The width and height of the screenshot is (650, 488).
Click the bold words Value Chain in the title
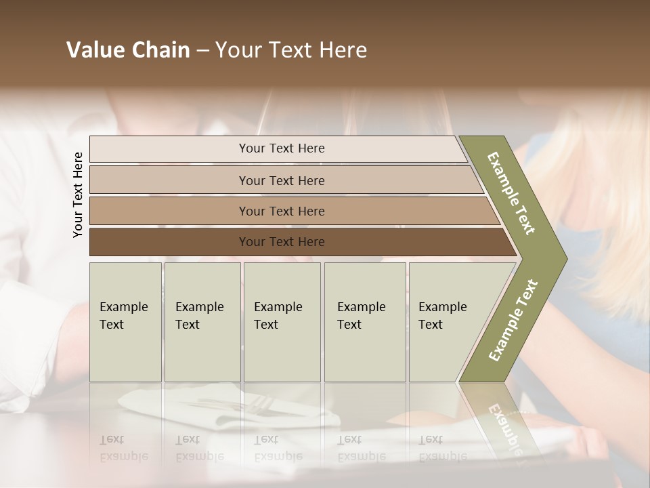[x=128, y=50]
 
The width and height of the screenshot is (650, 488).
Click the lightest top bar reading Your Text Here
[x=281, y=148]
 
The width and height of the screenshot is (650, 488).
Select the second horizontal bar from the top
[x=281, y=180]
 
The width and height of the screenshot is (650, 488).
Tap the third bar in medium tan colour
[x=281, y=211]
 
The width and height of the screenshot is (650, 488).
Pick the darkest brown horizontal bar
[x=281, y=242]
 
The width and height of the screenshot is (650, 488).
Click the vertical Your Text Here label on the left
[x=78, y=195]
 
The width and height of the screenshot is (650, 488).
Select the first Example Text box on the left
[x=125, y=322]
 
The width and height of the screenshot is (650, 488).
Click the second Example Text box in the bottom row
[x=202, y=322]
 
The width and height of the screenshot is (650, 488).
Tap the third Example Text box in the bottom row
[x=282, y=322]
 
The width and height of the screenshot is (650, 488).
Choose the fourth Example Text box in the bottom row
[x=364, y=322]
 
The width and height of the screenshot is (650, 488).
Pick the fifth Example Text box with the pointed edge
[x=447, y=322]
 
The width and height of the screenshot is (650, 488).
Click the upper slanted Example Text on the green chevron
[x=511, y=193]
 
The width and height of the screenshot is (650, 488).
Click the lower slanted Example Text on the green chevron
[x=513, y=320]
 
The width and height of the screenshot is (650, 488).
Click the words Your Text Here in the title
[x=291, y=50]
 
